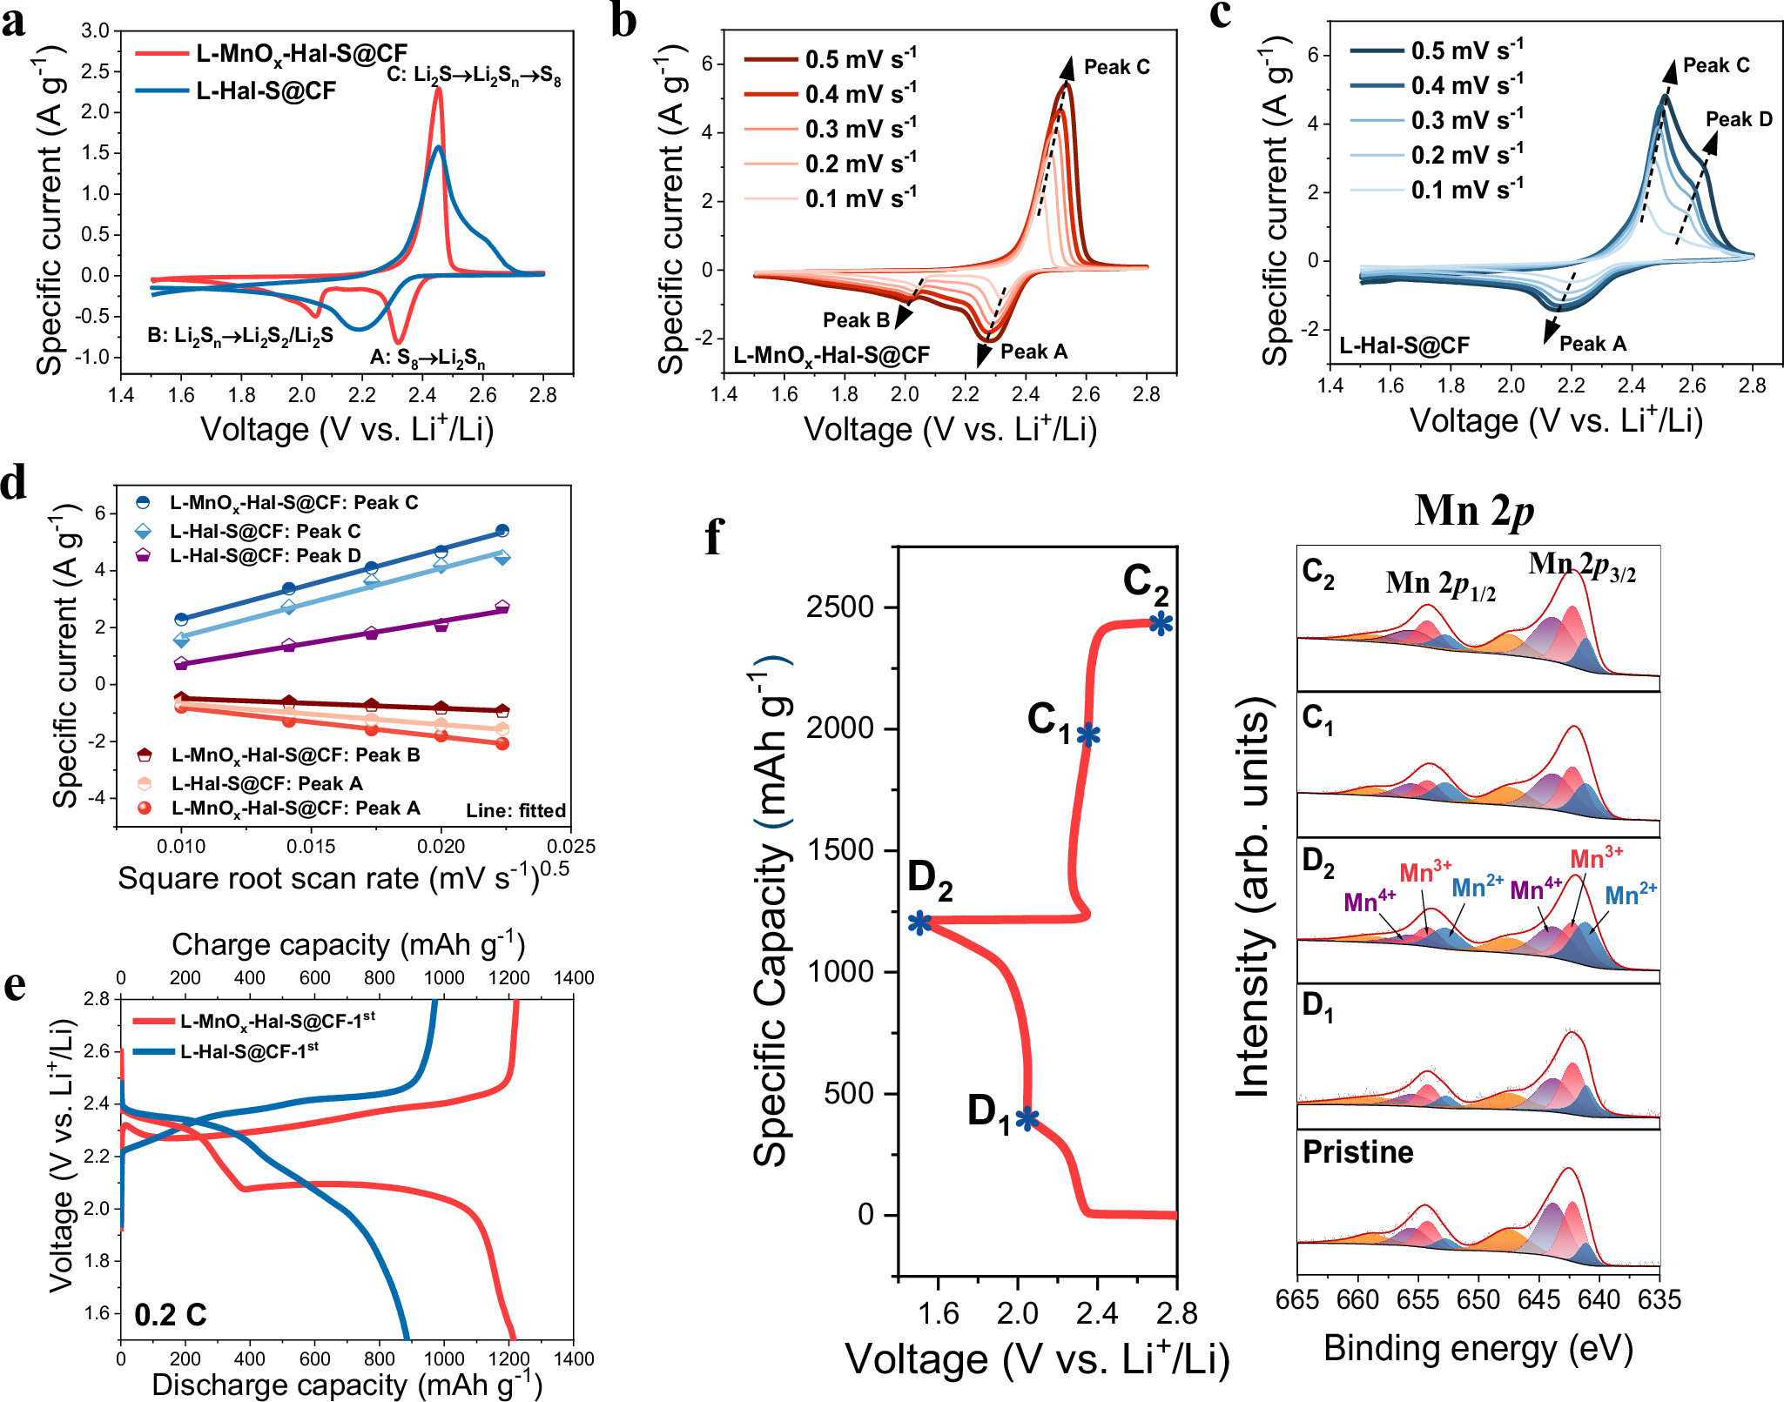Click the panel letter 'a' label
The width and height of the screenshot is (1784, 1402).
[14, 21]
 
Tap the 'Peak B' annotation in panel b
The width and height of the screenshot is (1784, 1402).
[856, 320]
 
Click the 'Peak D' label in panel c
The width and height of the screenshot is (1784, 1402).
[1738, 119]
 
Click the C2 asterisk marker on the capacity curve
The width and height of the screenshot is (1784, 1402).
[1161, 623]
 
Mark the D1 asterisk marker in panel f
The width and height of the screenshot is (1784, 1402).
[1027, 1118]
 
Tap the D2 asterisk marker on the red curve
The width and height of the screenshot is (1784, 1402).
[919, 922]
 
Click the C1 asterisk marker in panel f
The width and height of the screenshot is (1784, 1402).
[1088, 735]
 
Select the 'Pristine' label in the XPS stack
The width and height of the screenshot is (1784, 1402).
[1357, 1152]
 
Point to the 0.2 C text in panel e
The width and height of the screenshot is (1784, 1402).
[171, 1314]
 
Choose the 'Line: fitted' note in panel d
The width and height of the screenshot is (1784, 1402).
[515, 810]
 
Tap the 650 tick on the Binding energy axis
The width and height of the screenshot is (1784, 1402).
[1478, 1299]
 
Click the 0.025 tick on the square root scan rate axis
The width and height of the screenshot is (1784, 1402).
[571, 846]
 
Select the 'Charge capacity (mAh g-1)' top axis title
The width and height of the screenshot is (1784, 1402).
[347, 944]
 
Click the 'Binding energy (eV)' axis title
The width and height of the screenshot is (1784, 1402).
[1478, 1348]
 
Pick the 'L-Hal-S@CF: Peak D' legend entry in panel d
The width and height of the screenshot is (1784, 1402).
[265, 555]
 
